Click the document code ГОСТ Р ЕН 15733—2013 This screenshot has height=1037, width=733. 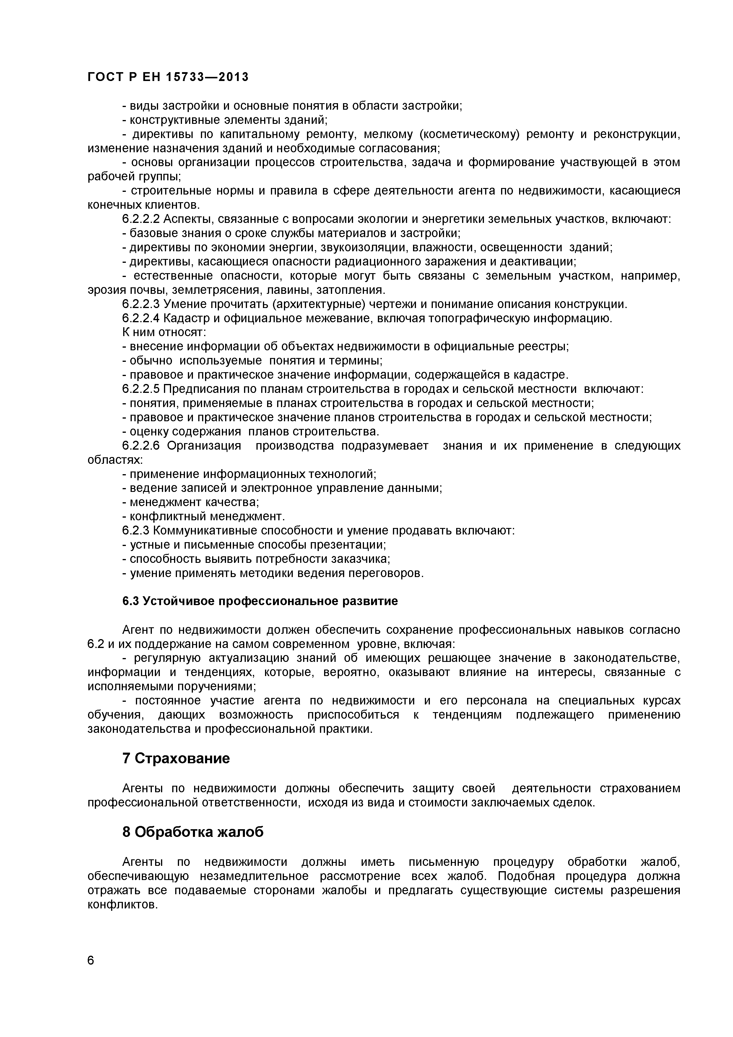(x=168, y=77)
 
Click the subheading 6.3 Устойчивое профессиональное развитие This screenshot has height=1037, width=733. (x=260, y=601)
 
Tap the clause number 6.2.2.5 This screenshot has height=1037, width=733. (x=141, y=389)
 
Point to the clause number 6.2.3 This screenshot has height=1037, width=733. (x=136, y=530)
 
